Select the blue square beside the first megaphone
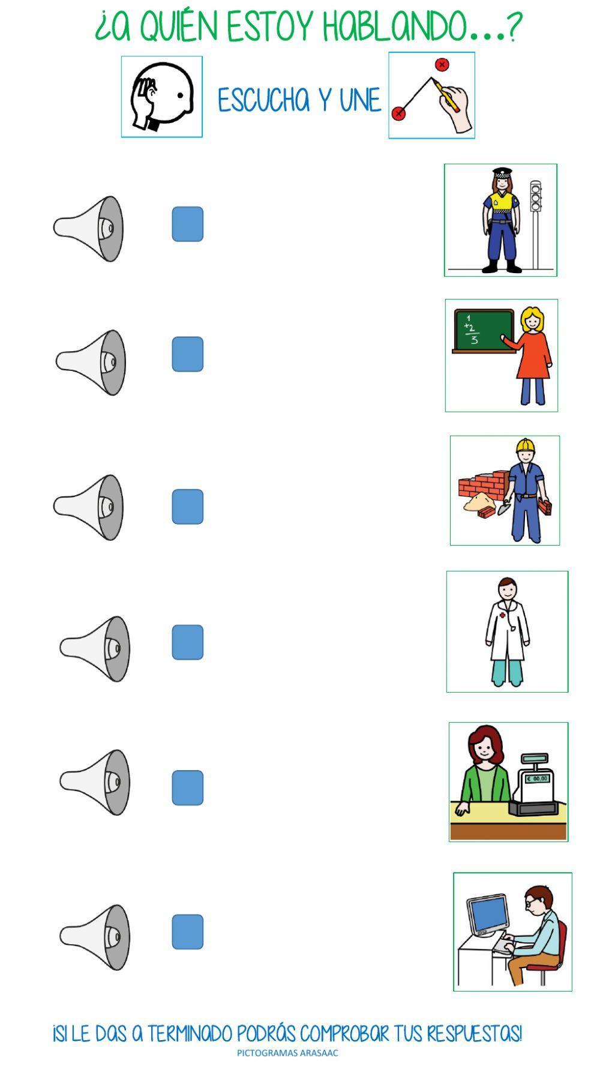(188, 224)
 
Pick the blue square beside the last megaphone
(188, 932)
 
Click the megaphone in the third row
(88, 507)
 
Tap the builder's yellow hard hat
(526, 445)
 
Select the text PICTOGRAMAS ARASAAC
(287, 1053)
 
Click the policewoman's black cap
(500, 172)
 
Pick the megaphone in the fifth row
(94, 782)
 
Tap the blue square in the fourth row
(188, 642)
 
